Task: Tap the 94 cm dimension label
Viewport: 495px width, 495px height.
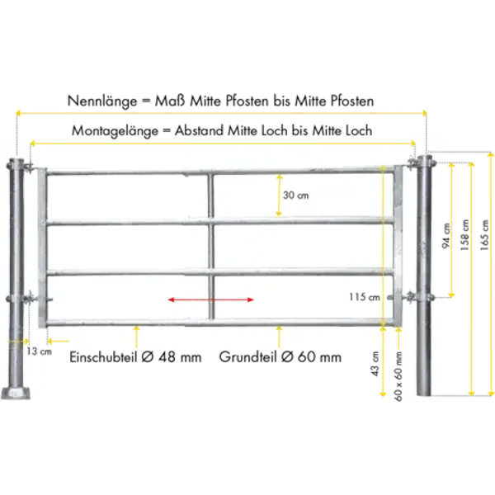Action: (446, 235)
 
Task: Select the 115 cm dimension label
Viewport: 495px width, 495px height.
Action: (363, 296)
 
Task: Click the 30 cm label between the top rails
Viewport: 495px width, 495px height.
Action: (295, 196)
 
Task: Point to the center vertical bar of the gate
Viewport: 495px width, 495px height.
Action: (210, 247)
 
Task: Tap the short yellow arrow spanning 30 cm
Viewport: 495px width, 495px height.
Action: (280, 196)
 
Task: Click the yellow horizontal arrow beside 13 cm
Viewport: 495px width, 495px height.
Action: (58, 339)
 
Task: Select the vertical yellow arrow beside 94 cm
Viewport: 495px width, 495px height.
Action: (452, 229)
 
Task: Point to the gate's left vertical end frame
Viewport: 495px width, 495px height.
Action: (42, 247)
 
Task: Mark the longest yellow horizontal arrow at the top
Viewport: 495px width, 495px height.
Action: (221, 110)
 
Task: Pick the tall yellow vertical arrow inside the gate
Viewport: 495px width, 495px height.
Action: (383, 247)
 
